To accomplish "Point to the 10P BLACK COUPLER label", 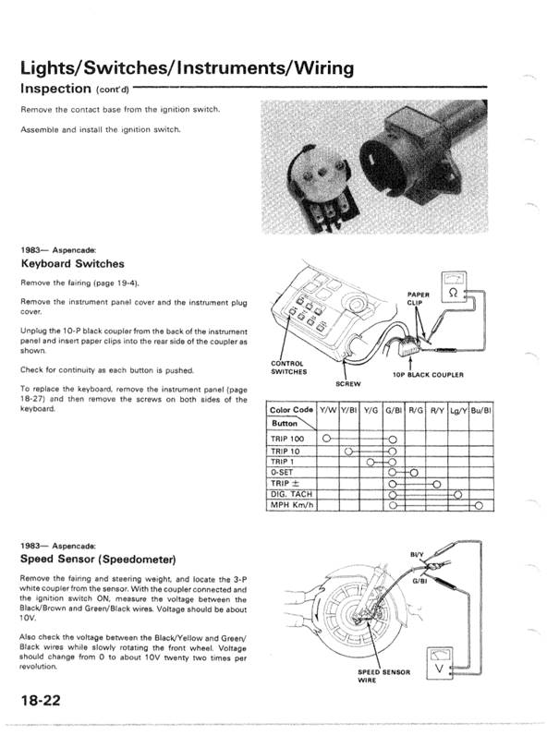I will pos(428,375).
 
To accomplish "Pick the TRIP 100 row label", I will pos(289,439).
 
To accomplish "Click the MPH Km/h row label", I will pos(292,505).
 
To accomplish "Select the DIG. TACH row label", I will pos(291,494).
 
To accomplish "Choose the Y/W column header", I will pos(326,408).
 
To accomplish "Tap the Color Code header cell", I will pos(290,408).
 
